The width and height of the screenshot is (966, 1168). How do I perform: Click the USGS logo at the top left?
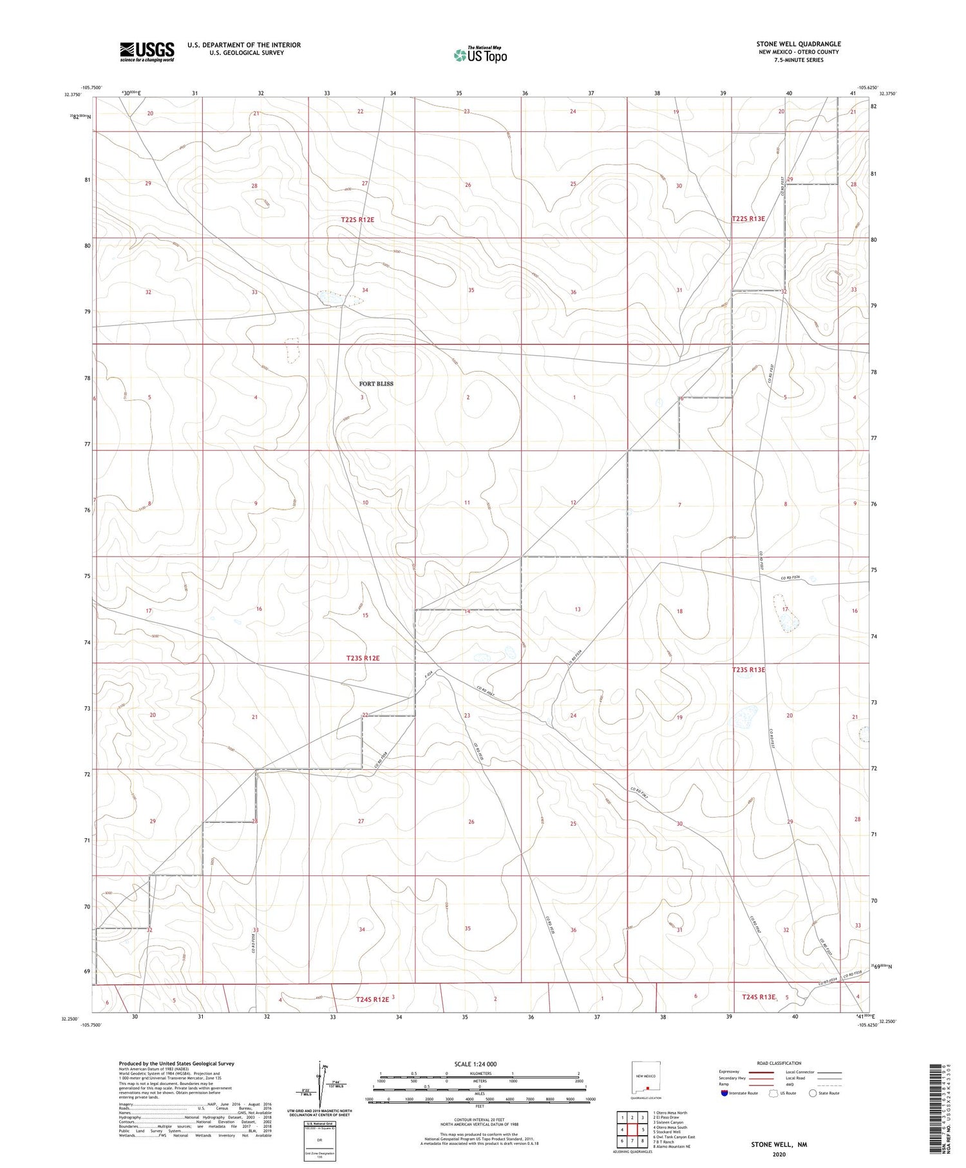[x=147, y=52]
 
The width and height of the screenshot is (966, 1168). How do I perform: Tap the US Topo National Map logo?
[x=480, y=55]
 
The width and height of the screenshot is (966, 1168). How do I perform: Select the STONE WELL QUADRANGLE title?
[x=798, y=44]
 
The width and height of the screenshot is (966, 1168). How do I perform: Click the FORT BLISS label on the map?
[x=376, y=384]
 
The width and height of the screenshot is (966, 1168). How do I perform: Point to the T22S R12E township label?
[x=357, y=220]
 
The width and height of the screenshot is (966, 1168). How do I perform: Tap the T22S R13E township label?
[x=748, y=219]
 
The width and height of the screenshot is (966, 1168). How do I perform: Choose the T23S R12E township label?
[x=363, y=658]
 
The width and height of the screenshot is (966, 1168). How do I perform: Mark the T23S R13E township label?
[x=748, y=670]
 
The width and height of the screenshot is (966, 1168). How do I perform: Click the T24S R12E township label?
[x=372, y=999]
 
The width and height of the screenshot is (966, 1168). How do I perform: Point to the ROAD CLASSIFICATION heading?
[x=779, y=1063]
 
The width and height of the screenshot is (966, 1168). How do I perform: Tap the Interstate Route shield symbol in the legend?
[x=724, y=1093]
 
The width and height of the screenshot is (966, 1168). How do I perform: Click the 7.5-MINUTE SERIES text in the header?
[x=799, y=60]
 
